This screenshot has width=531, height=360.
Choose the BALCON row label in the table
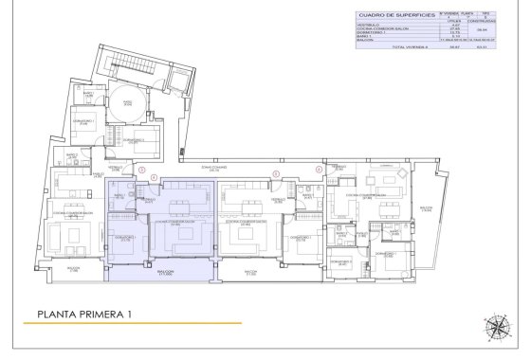363,43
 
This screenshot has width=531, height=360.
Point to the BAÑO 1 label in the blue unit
120,194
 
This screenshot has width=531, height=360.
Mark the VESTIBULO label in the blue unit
149,199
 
